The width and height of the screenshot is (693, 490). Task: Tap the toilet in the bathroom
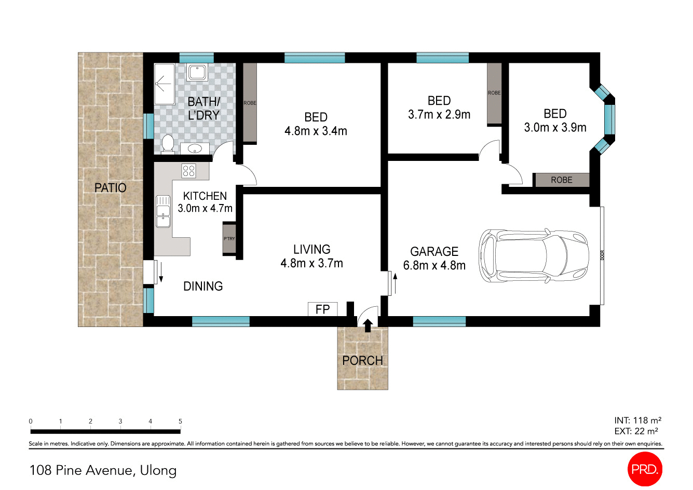pos(167,144)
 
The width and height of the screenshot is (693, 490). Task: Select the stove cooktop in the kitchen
pos(188,171)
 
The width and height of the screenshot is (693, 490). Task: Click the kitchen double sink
pos(163,211)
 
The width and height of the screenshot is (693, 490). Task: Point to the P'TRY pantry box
pos(229,239)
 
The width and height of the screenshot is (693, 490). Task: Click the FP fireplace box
pos(322,309)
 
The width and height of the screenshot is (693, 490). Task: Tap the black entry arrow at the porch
pos(368,325)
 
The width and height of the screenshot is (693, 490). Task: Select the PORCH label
pos(362,360)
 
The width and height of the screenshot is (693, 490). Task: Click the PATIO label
pos(110,187)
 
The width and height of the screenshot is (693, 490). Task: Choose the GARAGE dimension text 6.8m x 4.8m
pos(434,265)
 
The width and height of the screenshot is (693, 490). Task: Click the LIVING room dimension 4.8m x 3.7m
pos(311,263)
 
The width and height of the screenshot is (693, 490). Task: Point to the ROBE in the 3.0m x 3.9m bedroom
pos(562,180)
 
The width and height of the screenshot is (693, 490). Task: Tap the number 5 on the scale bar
pos(180,421)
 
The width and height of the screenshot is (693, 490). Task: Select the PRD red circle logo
pos(645,470)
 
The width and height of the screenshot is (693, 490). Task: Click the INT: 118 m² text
pos(637,420)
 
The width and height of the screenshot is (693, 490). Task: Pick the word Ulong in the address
pos(158,470)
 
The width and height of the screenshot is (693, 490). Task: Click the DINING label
pos(203,286)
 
